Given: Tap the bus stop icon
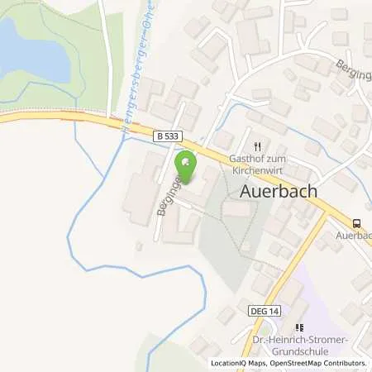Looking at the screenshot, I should (356, 222).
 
